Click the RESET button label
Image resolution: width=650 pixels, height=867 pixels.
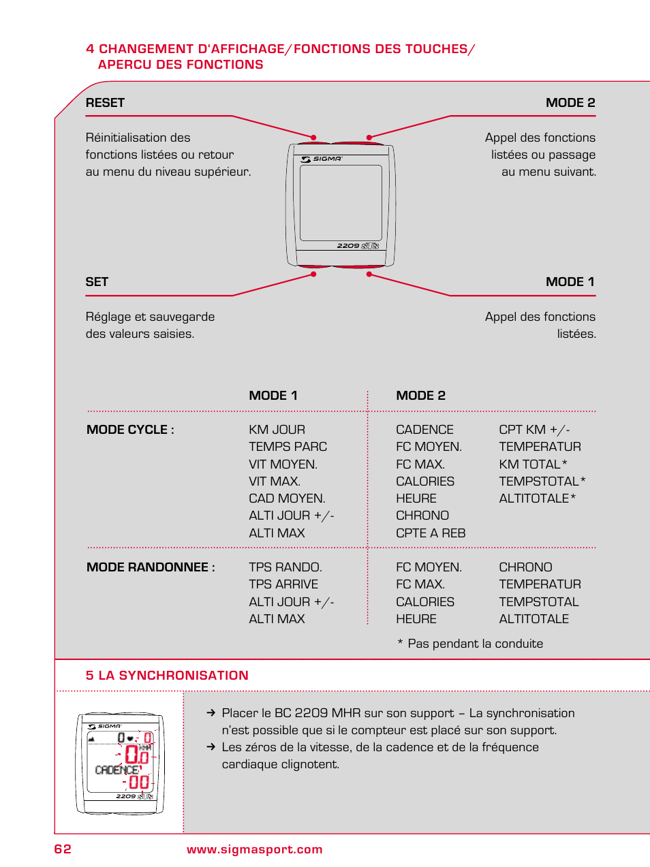105,103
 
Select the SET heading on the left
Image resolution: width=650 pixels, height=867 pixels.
97,282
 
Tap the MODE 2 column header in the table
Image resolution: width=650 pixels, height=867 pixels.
420,396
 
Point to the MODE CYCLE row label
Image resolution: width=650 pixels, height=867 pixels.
130,430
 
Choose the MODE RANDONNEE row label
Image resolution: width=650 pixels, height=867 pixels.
151,567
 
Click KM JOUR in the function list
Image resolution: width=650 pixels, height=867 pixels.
277,430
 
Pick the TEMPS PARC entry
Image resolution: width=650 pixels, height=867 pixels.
288,447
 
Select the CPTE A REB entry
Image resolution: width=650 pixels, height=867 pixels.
431,533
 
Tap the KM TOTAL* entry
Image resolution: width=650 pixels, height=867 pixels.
533,464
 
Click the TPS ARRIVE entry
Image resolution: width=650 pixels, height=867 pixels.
283,584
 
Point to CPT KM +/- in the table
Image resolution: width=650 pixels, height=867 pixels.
534,430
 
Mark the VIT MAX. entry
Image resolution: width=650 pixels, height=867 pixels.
274,482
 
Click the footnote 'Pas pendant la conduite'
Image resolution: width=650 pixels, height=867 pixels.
475,644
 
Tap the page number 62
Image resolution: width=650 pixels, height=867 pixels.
63,849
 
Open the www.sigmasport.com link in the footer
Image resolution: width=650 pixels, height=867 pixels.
255,849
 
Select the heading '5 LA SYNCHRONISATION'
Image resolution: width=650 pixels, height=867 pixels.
167,676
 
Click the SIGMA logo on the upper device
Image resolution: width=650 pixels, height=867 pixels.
322,159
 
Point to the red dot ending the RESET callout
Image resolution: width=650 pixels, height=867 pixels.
313,138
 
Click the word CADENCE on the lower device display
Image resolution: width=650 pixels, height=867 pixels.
117,770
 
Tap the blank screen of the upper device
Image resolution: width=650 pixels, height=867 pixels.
341,202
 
